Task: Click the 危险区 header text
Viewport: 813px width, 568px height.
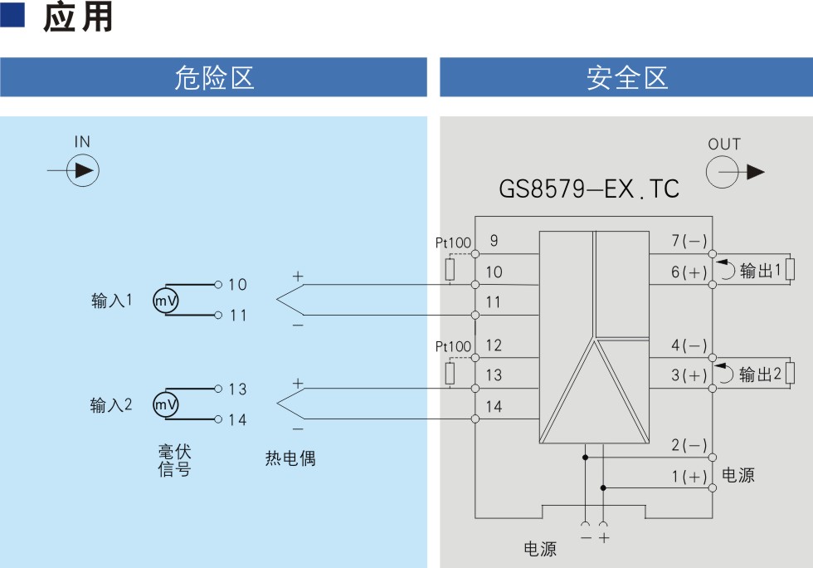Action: [214, 78]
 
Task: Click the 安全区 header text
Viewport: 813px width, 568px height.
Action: [627, 78]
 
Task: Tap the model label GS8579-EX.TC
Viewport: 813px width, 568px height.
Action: [589, 189]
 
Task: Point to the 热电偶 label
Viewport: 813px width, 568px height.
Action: [290, 458]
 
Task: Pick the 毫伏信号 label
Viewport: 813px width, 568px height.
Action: [175, 460]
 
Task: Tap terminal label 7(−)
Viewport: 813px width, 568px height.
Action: [689, 240]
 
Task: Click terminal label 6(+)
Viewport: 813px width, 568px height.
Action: [689, 272]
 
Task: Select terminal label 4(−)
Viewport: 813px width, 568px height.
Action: [689, 345]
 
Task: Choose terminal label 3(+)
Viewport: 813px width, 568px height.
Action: [689, 375]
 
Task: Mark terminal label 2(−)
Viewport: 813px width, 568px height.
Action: [689, 445]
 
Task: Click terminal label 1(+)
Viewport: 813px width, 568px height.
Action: [689, 476]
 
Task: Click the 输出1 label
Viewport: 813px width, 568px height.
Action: [760, 271]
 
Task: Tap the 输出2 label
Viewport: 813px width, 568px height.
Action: [760, 374]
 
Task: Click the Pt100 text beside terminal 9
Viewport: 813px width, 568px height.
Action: [453, 242]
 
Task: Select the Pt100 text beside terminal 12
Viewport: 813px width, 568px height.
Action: [453, 346]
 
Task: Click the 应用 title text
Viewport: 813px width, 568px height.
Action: [78, 17]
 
